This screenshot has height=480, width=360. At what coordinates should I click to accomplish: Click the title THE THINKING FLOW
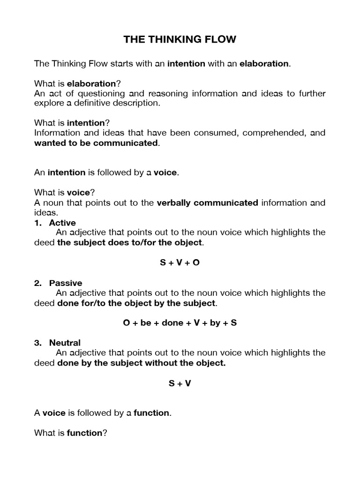(x=180, y=40)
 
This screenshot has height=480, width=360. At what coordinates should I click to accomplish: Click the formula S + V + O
(x=180, y=262)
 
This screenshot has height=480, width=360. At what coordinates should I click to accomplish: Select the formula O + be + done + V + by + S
(x=180, y=323)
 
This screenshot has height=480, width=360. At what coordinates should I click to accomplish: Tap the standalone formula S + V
(x=180, y=383)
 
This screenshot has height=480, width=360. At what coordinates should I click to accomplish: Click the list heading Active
(x=62, y=223)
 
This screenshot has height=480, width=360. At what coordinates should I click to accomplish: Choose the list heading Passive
(x=66, y=283)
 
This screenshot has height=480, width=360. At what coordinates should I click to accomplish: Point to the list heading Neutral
(x=65, y=343)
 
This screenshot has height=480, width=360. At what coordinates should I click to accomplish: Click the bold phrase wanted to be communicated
(x=96, y=143)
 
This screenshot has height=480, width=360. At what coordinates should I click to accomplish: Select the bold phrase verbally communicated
(x=207, y=203)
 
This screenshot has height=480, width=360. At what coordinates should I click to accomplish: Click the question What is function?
(x=70, y=433)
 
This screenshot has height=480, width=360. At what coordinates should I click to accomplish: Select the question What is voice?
(x=64, y=193)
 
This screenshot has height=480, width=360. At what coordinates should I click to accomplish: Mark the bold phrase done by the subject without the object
(x=141, y=363)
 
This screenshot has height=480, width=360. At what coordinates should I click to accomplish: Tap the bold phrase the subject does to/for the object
(x=130, y=242)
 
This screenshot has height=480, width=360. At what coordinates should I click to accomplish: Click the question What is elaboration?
(x=77, y=83)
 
